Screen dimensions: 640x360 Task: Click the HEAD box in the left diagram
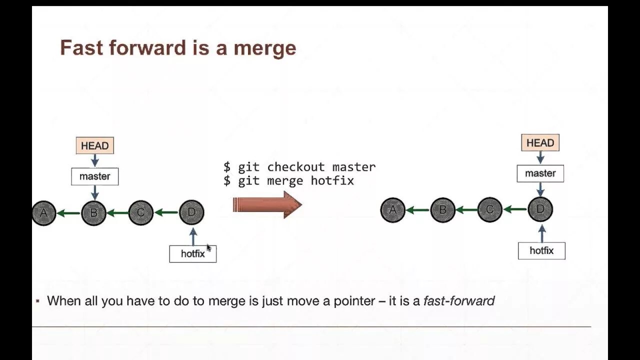(x=94, y=145)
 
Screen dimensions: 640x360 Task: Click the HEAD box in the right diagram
(x=540, y=143)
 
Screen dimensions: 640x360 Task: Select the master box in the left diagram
(x=94, y=176)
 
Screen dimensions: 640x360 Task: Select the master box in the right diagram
(x=540, y=173)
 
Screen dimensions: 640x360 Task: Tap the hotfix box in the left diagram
(x=192, y=253)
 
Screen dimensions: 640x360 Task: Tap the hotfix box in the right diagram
(x=541, y=250)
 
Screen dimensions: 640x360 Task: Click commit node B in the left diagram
(x=93, y=213)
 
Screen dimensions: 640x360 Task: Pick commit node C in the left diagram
(x=140, y=213)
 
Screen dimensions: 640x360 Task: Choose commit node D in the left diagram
(x=191, y=212)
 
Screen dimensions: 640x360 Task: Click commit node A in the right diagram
(x=392, y=210)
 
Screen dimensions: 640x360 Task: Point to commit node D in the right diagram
(x=540, y=209)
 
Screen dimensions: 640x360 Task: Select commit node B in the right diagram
(x=442, y=210)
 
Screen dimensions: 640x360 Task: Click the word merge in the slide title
(x=265, y=48)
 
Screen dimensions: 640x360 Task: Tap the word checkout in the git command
(x=295, y=167)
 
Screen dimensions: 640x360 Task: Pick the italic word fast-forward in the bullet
(x=458, y=301)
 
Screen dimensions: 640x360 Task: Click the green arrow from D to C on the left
(x=166, y=213)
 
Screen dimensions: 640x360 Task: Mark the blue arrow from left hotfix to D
(x=193, y=236)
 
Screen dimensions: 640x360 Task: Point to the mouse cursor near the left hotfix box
(x=208, y=247)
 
